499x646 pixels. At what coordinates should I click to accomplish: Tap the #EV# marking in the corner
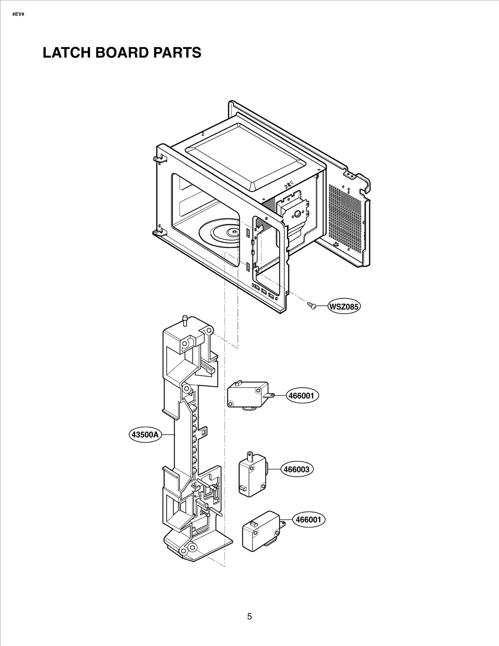coord(18,15)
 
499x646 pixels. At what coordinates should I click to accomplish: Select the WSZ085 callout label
coord(344,307)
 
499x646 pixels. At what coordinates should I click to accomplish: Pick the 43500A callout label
coord(145,434)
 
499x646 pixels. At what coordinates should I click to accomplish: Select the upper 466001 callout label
coord(301,396)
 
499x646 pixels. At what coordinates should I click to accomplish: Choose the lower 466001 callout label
coord(308,519)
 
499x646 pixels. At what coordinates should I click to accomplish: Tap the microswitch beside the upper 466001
coord(247,395)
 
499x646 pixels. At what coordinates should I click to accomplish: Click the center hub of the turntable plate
coord(232,232)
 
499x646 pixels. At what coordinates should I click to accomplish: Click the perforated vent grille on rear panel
coord(345,218)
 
